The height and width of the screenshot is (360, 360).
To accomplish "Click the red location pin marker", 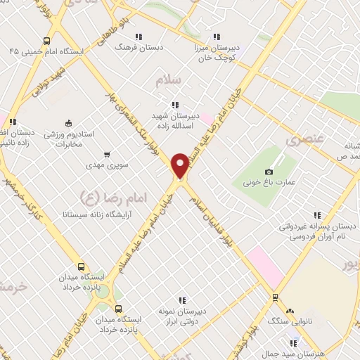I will click(x=180, y=166).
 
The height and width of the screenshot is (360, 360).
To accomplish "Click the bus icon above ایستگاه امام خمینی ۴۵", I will click(x=46, y=41).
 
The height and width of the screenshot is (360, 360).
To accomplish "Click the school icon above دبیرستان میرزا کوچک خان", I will click(x=217, y=37).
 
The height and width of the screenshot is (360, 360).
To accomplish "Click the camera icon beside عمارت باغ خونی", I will click(x=268, y=172).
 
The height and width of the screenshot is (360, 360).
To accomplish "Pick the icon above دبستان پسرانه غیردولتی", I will click(x=317, y=215).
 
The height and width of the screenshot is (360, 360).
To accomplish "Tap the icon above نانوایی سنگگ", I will click(x=288, y=310).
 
